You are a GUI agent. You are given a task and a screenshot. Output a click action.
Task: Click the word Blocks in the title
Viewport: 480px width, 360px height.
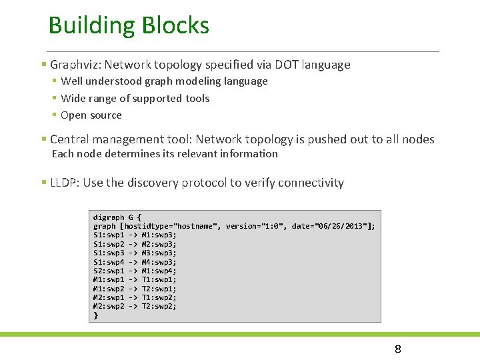coord(176,26)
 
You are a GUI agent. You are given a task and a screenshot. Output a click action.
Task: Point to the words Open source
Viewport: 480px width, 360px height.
coord(91,115)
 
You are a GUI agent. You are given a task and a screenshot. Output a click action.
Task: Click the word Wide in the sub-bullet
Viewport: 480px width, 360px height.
coord(73,98)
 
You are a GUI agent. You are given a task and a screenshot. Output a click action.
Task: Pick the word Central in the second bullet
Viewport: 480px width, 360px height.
coord(70,139)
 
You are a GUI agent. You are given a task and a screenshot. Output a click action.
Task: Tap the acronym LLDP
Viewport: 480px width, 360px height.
coord(63,183)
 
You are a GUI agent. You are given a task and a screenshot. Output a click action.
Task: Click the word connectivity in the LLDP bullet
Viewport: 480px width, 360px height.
coord(311,183)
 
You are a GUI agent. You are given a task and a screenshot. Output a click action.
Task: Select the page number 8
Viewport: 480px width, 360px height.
coord(397,349)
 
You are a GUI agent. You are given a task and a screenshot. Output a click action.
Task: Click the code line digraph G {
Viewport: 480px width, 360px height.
coord(117,217)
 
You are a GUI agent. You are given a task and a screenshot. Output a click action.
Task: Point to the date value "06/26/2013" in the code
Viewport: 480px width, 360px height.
coord(340,226)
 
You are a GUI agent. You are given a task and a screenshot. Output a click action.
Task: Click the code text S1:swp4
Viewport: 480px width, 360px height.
coord(109,262)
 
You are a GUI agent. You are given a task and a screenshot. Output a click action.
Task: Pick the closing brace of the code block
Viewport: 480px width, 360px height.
coord(95,315)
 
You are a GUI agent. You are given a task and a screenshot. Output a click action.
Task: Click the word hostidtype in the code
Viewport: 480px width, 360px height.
coord(147,226)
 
